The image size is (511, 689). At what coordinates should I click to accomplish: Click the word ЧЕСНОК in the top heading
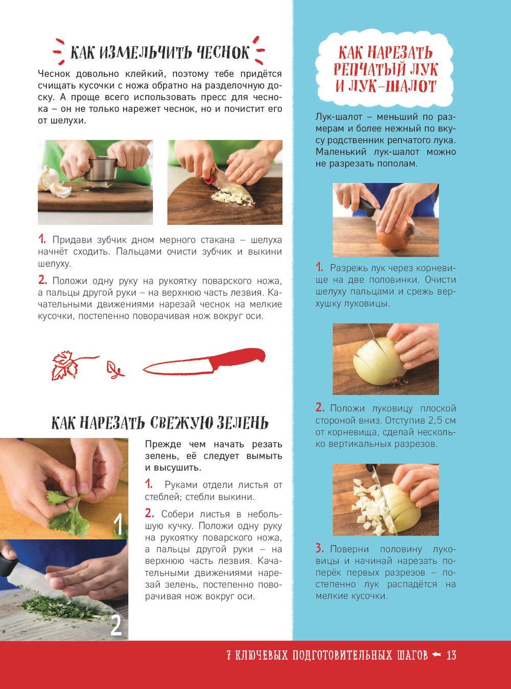point(223,52)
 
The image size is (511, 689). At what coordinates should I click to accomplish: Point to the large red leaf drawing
point(65,365)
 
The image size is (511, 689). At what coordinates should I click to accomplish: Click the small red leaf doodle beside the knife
point(114,370)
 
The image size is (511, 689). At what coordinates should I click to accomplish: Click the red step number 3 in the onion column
point(319,548)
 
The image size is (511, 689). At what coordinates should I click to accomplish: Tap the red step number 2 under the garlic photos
point(42,280)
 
